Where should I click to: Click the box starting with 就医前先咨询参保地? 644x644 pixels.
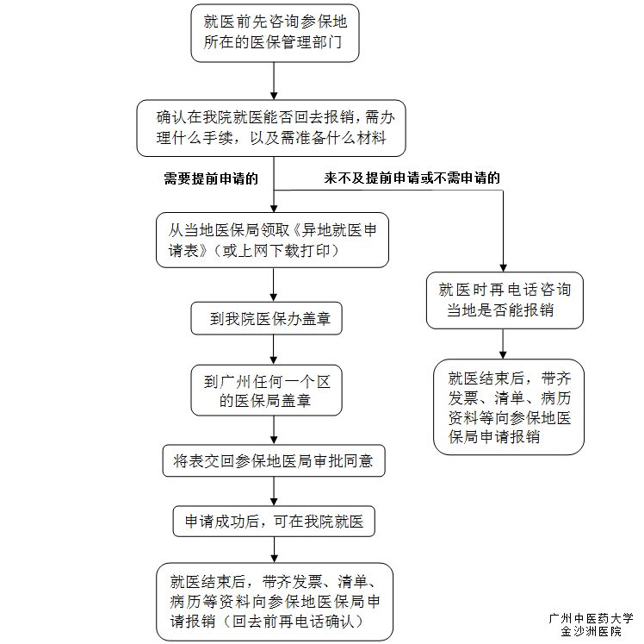(x=274, y=34)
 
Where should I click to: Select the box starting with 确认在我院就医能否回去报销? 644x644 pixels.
(x=272, y=128)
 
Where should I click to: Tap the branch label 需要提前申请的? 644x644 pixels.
(x=210, y=178)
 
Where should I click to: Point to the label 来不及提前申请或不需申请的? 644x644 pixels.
(x=412, y=178)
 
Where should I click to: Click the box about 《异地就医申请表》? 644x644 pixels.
(x=272, y=241)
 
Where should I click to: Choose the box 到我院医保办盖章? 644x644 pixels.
(x=267, y=320)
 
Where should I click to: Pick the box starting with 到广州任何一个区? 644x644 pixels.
(x=267, y=389)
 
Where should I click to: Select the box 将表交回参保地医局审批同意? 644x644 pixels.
(x=273, y=461)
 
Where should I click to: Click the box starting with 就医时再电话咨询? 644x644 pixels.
(x=504, y=300)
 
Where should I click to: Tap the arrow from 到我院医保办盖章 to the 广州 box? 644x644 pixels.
(x=274, y=348)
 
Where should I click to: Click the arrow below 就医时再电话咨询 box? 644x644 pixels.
(x=504, y=344)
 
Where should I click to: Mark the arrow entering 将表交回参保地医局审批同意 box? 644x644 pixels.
(x=274, y=431)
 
